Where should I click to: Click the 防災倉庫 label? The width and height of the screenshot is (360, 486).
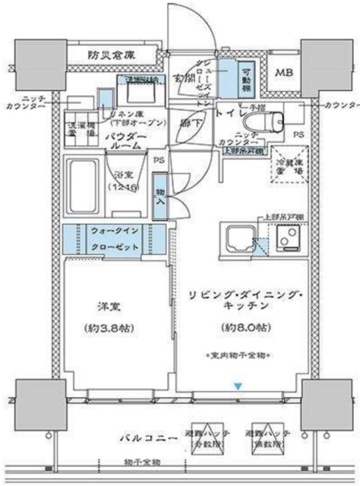coord(111,55)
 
